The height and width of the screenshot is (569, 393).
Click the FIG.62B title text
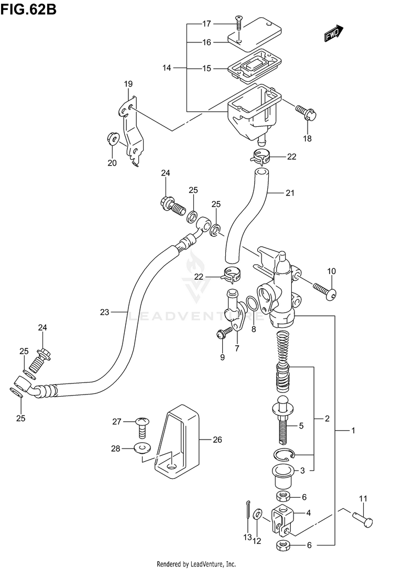pos(28,9)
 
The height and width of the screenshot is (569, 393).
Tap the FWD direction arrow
pos(333,32)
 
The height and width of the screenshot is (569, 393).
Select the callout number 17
pos(206,24)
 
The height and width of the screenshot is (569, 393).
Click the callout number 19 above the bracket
pos(128,84)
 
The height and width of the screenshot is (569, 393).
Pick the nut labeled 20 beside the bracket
pos(113,138)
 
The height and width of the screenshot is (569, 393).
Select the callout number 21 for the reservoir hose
pos(290,193)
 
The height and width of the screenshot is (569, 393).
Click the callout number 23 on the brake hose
pos(104,312)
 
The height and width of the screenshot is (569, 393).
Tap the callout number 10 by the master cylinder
pos(331,271)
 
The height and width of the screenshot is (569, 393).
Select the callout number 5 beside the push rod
pos(301,425)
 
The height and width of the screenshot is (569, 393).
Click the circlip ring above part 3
pos(286,454)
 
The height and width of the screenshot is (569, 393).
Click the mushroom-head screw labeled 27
pos(142,428)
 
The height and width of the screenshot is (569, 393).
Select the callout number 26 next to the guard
pos(217,440)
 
